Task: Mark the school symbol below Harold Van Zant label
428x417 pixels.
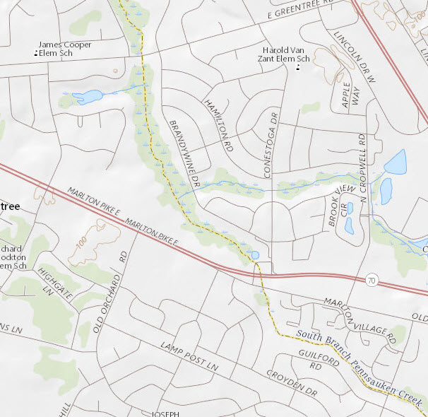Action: tap(298, 69)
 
